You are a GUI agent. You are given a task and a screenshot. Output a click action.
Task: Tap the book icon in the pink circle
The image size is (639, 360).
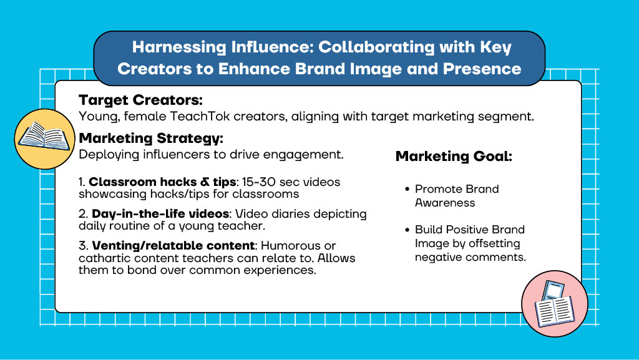pos(554,304)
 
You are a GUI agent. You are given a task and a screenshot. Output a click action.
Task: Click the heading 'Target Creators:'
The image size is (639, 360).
pos(140,100)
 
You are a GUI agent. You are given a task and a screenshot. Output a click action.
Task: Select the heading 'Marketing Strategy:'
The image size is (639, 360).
pos(151,139)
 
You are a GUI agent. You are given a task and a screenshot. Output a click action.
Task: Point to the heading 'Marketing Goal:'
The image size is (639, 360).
pos(454,157)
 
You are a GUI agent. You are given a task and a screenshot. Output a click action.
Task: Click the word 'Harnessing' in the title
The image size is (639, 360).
pos(179,47)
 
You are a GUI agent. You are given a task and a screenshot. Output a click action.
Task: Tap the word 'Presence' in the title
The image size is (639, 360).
pos(482,69)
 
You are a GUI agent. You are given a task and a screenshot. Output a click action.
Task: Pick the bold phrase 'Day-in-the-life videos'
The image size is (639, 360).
pos(160,214)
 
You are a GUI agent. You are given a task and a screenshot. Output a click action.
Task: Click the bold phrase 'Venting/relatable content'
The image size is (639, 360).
pos(173,246)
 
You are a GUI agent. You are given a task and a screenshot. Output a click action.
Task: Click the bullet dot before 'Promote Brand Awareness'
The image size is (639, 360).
pos(407,190)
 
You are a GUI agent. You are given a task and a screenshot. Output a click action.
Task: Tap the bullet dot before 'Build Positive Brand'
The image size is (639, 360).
pos(407,230)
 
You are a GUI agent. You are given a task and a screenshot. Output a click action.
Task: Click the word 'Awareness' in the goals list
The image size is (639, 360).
pos(445,203)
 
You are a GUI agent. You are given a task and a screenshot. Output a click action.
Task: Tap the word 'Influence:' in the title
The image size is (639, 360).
pos(272,47)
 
